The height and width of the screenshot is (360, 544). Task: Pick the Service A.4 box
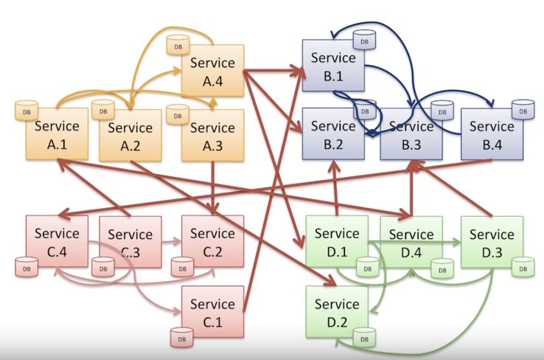coord(212,72)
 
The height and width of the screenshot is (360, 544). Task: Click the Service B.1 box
coord(333,65)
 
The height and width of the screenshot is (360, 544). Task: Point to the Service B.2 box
coord(333,135)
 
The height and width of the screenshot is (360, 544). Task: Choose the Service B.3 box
coord(411,135)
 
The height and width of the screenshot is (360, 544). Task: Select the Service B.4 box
coord(492,135)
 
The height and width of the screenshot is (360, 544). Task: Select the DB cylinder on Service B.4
coord(523,111)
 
